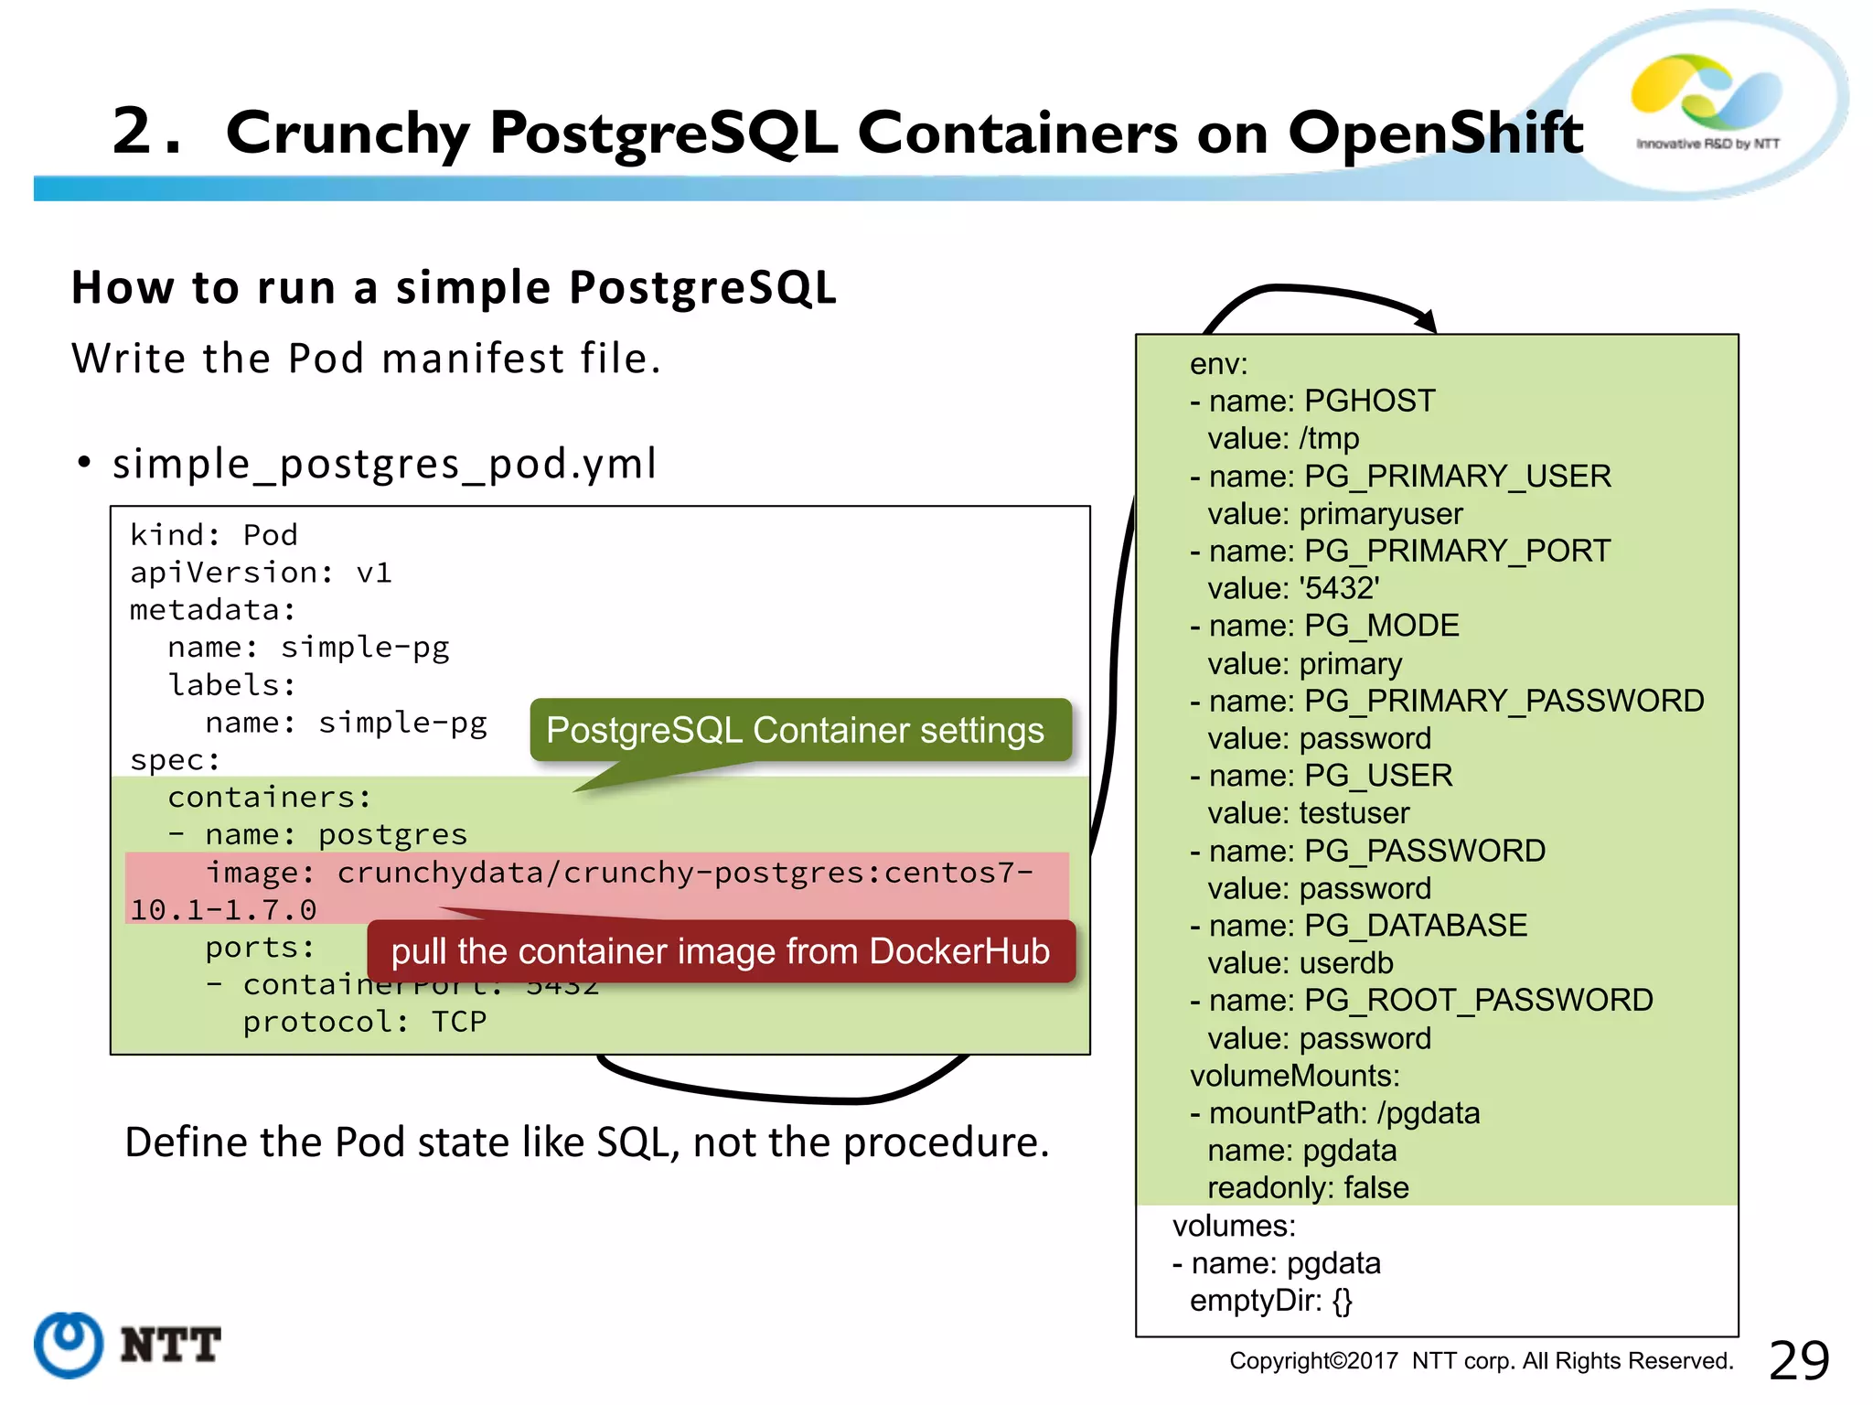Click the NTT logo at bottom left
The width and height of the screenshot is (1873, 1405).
pos(128,1345)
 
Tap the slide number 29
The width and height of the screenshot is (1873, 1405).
pos(1798,1360)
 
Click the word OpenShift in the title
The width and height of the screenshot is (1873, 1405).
pos(1435,133)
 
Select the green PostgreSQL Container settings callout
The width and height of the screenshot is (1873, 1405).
pos(796,730)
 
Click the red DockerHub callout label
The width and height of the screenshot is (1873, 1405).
pos(721,951)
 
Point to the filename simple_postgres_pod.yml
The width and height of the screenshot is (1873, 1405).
pos(384,464)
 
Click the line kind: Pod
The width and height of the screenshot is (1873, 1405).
pos(214,535)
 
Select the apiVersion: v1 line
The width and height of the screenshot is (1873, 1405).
pos(261,573)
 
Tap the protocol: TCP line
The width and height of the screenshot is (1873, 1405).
pos(364,1022)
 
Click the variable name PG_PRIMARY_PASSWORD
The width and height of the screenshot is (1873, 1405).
pos(1504,701)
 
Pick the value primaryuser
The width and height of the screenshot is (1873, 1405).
pos(1381,514)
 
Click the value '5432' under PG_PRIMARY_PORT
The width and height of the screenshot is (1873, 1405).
pos(1339,588)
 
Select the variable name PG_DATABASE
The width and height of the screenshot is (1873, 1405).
pos(1415,926)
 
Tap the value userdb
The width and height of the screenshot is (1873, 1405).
pos(1346,963)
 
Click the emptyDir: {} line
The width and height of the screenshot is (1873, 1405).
pos(1270,1301)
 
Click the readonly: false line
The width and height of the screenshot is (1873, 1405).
pos(1308,1188)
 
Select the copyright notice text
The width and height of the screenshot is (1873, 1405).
pos(1481,1361)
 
